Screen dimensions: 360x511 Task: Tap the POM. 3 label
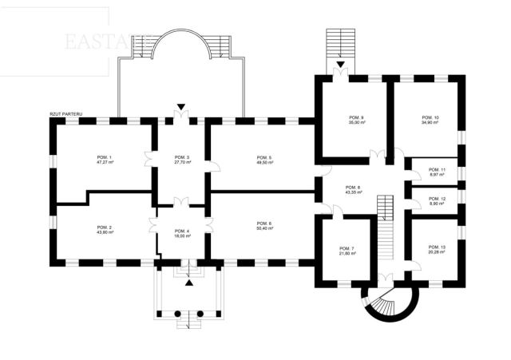182,157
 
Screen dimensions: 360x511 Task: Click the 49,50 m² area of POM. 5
264,162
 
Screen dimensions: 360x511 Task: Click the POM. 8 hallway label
352,188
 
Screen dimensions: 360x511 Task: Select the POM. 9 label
356,118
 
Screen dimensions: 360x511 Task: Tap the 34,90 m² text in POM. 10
430,123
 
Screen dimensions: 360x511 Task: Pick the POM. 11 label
436,170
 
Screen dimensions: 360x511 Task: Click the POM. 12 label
436,198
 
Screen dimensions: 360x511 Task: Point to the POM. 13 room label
436,247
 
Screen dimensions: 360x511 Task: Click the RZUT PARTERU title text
65,114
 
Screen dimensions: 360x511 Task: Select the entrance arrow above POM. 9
341,64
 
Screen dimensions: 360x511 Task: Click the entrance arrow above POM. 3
182,106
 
